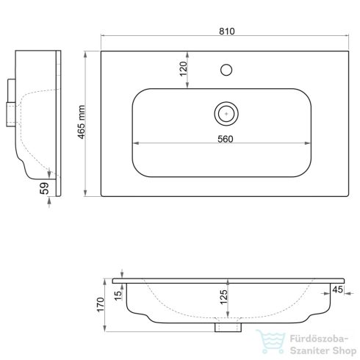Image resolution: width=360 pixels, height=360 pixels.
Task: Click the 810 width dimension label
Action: point(227,32)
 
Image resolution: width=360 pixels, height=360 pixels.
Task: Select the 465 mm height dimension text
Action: point(82,122)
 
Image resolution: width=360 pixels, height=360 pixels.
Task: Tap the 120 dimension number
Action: point(184,69)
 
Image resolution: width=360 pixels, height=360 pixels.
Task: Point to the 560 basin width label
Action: point(226,139)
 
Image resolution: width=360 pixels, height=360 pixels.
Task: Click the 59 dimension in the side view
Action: point(45,189)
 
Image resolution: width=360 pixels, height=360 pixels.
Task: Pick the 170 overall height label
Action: point(101,305)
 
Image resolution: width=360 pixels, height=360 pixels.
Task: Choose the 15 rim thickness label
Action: point(118,296)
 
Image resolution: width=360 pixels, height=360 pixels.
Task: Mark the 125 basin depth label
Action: point(224,297)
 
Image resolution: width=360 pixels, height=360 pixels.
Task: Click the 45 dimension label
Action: point(337,289)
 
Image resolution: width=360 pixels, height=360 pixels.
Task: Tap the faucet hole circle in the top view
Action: point(226,70)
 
